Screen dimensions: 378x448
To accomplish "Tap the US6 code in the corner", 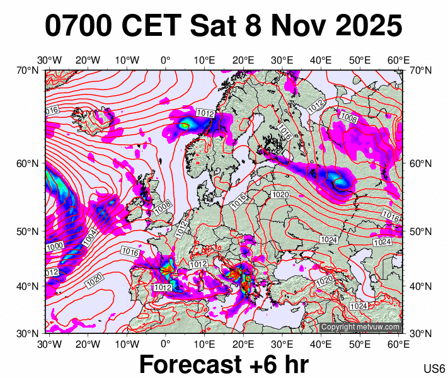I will click(x=435, y=369).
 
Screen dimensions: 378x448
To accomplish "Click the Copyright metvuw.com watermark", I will click(x=360, y=327).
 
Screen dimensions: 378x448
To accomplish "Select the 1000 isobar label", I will click(x=54, y=246).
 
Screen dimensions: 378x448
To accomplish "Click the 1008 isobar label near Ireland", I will click(x=163, y=205).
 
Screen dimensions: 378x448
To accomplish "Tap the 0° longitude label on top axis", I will click(x=166, y=60).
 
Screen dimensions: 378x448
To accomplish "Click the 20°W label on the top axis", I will click(x=88, y=60).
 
